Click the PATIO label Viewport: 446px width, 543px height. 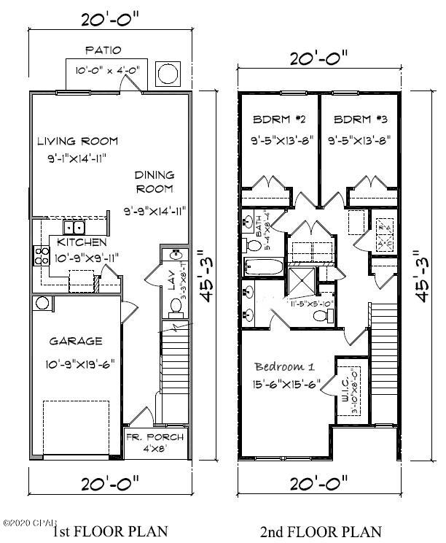(103, 50)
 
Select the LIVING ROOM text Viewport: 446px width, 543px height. (78, 142)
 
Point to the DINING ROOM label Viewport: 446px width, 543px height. (154, 182)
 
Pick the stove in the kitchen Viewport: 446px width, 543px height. (39, 255)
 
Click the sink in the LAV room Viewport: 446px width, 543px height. (175, 256)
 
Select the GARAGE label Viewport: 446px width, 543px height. (76, 341)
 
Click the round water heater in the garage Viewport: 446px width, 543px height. (41, 303)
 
